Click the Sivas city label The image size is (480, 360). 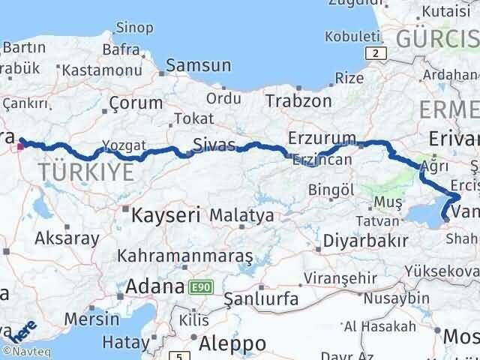click(x=214, y=144)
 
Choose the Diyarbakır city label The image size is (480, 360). click(x=366, y=241)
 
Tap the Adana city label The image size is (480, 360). click(x=155, y=286)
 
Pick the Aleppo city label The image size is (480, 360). click(x=232, y=343)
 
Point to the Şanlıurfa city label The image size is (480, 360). click(x=262, y=299)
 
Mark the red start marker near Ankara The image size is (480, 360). click(x=21, y=145)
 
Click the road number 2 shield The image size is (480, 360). click(x=373, y=52)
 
